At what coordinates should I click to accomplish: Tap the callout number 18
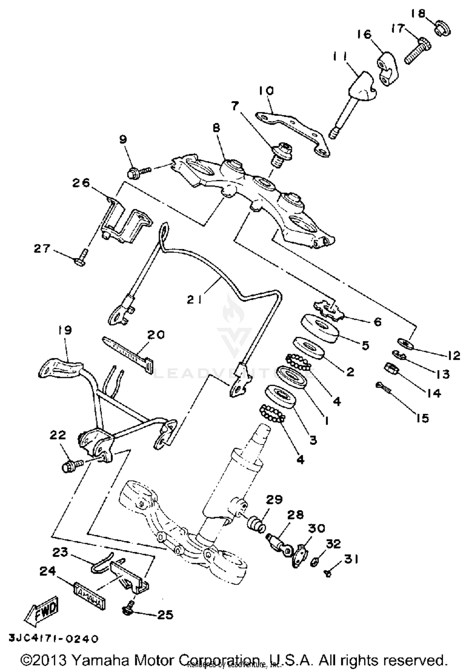[418, 14]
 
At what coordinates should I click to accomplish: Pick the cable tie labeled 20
[128, 350]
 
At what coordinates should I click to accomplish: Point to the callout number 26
[81, 183]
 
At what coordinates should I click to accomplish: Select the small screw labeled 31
[328, 573]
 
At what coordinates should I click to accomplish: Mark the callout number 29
[274, 500]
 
